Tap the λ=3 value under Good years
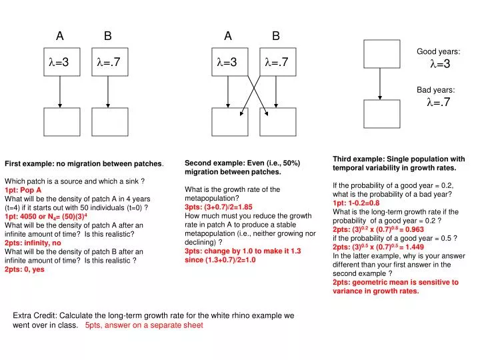(x=440, y=64)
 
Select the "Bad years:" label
(x=436, y=89)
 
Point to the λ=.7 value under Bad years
(x=439, y=102)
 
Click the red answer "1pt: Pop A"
(x=23, y=189)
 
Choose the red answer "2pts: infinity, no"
(x=33, y=243)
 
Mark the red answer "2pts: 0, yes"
(x=25, y=269)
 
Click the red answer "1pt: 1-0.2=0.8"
(x=356, y=203)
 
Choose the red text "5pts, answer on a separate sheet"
(x=144, y=325)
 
